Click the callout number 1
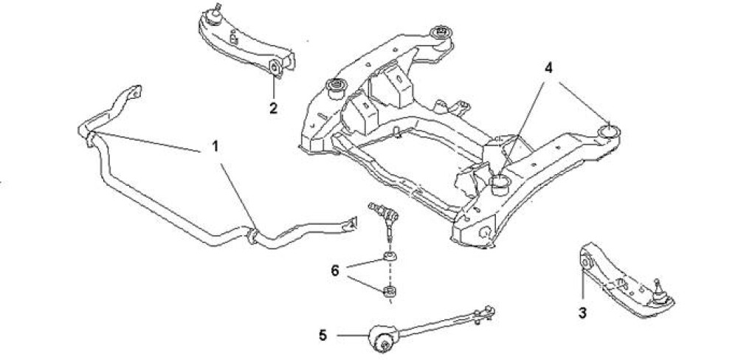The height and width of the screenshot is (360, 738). [x=215, y=146]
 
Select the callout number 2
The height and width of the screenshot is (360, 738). [x=273, y=108]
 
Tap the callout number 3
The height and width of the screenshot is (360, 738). [x=582, y=314]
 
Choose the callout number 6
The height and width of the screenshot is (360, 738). [x=335, y=271]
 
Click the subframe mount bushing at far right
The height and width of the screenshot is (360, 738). [x=609, y=131]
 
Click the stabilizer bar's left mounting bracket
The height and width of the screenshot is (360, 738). [x=86, y=133]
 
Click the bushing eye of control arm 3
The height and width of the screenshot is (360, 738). [x=587, y=260]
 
